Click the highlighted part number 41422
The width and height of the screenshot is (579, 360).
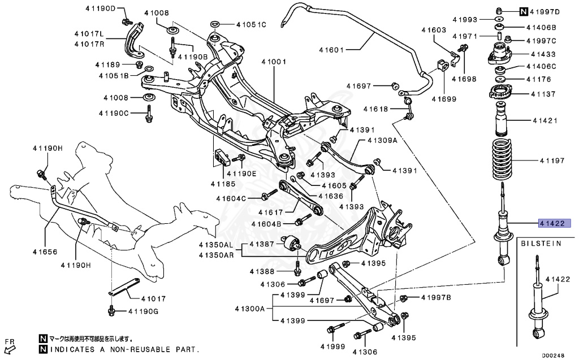556,223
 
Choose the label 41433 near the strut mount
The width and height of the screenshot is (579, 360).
542,54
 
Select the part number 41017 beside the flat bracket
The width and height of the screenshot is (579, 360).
154,298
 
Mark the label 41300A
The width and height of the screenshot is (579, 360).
250,309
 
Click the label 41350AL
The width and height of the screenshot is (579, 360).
215,245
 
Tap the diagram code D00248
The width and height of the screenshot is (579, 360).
554,355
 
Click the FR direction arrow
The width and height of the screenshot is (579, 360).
10,345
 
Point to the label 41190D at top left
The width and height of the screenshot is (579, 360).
101,8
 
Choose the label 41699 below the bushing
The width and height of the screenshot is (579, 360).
444,99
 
